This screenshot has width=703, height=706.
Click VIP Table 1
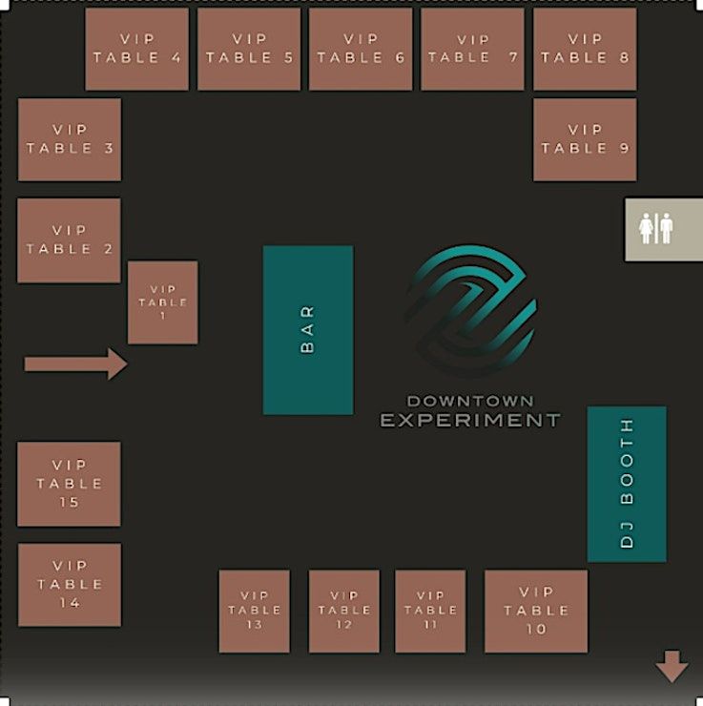coord(163,302)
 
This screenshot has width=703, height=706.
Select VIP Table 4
coord(136,49)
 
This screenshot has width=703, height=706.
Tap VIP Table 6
coord(361,49)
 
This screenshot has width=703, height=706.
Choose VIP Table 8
coord(585,49)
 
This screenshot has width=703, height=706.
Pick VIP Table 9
coord(585,139)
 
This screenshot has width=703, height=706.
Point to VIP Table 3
coord(70,139)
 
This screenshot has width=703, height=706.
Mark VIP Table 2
coord(69,240)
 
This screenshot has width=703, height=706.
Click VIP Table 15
coord(69,484)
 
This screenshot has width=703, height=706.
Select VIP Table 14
coord(70,585)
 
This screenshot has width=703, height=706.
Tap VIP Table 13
coord(254,612)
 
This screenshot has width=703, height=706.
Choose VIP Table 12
coord(344,612)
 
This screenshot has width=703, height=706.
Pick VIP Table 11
coord(430,612)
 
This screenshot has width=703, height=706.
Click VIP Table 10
coord(536,612)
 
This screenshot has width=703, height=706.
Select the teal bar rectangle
coord(308,330)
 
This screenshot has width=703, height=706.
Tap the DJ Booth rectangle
coord(627,484)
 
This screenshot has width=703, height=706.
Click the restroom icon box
coord(656,229)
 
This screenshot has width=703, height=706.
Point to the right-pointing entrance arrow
coord(75,363)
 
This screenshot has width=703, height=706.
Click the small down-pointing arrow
coord(672,666)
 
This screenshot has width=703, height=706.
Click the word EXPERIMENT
coord(470,420)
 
